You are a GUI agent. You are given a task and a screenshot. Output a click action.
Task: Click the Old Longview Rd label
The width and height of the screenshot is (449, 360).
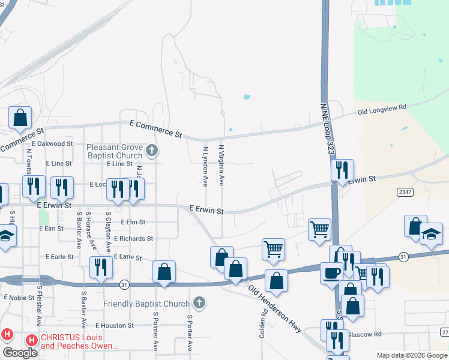(x=382, y=109)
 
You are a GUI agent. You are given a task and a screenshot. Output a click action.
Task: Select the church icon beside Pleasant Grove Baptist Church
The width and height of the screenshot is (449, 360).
(x=152, y=150)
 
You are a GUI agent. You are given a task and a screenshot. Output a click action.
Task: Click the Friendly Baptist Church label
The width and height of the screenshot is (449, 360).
(x=146, y=304)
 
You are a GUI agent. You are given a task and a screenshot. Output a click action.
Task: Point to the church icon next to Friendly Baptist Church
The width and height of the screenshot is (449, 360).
(x=199, y=303)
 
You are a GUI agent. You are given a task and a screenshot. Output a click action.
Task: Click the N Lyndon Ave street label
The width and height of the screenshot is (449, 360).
(x=205, y=165)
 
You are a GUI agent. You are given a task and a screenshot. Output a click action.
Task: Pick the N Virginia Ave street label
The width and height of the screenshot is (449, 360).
(x=221, y=164)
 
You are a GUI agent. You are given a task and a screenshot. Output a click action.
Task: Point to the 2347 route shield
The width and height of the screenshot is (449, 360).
(x=405, y=191)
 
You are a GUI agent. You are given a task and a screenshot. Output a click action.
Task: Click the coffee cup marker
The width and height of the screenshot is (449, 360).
(x=331, y=274)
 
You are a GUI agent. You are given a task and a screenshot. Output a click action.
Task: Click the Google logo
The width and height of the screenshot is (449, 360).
(x=20, y=352)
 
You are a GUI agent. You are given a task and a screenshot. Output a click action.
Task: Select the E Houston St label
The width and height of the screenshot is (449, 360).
(x=113, y=325)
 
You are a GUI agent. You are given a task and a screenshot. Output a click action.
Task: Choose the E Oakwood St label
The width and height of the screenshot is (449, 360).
(x=52, y=144)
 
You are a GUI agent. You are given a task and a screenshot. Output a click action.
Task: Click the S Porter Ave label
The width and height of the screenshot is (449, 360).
(x=189, y=333)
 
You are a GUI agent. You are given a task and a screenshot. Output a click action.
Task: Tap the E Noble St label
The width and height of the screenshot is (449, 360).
(x=19, y=297)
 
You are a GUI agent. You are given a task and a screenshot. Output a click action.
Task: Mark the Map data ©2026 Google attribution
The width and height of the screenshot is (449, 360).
(x=412, y=355)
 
